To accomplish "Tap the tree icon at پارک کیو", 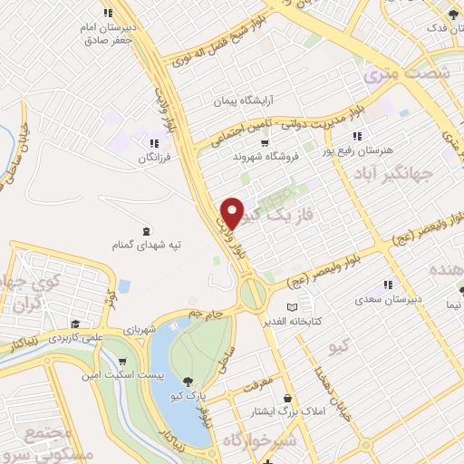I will (188, 382).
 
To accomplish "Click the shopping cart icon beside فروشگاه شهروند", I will (265, 142).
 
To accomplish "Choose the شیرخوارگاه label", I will (267, 441).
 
